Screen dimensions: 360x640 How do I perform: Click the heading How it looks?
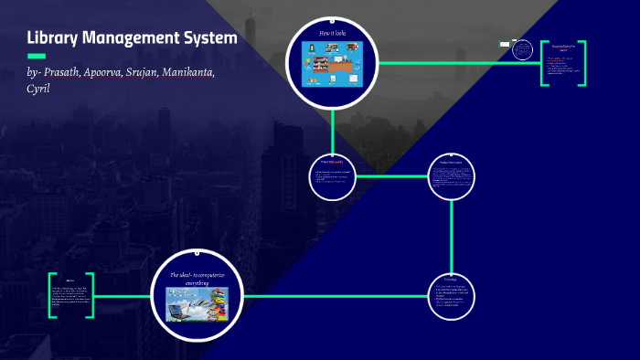coord(333,34)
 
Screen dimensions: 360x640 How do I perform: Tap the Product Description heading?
coord(452,164)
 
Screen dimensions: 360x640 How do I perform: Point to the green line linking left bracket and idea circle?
coord(123,296)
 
